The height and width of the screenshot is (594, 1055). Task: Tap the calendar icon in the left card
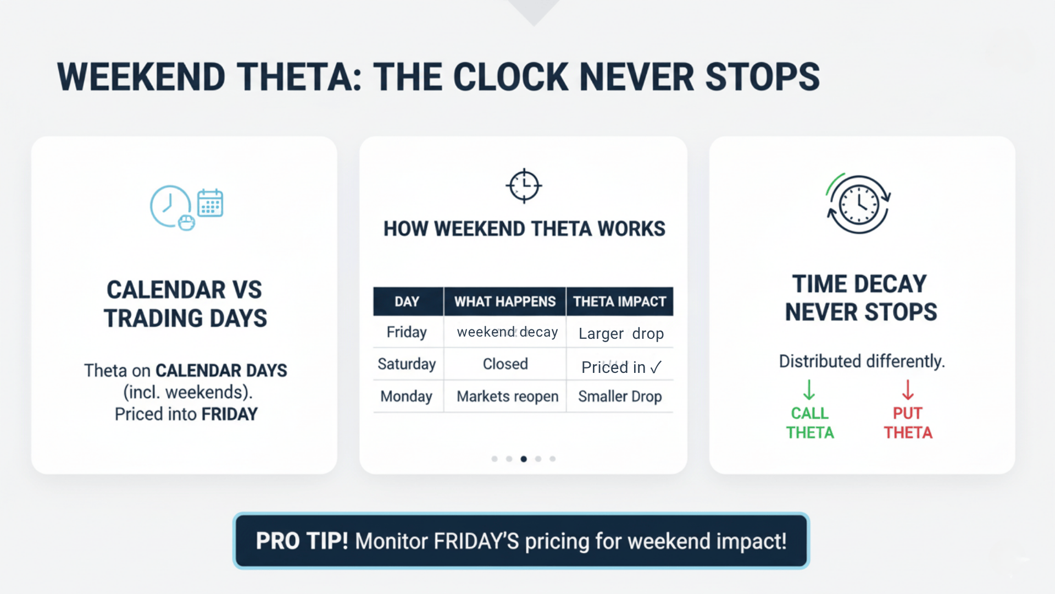tap(210, 203)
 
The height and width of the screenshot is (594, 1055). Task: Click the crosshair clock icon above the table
tap(524, 185)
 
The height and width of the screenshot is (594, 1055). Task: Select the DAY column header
tap(407, 301)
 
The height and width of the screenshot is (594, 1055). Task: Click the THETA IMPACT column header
tap(619, 301)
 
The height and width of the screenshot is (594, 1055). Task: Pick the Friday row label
tap(407, 332)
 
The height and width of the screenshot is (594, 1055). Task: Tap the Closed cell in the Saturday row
tap(505, 364)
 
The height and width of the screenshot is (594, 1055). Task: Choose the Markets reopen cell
tap(507, 397)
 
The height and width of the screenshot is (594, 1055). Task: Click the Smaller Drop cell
tap(620, 397)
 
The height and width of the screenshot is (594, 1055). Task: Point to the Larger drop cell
tap(621, 334)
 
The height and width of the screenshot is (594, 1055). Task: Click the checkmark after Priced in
tap(656, 367)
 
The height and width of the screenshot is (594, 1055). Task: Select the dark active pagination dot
tap(524, 459)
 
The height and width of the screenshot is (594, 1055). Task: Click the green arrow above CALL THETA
tap(809, 389)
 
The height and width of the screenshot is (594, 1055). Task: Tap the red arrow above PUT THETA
tap(908, 389)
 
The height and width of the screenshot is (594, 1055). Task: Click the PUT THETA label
tap(908, 423)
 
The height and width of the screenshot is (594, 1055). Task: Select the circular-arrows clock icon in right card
tap(859, 205)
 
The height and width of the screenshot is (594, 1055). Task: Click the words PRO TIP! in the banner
tap(302, 541)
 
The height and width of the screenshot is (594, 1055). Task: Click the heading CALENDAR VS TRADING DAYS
tap(185, 304)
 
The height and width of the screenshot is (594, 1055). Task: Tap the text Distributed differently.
tap(862, 361)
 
